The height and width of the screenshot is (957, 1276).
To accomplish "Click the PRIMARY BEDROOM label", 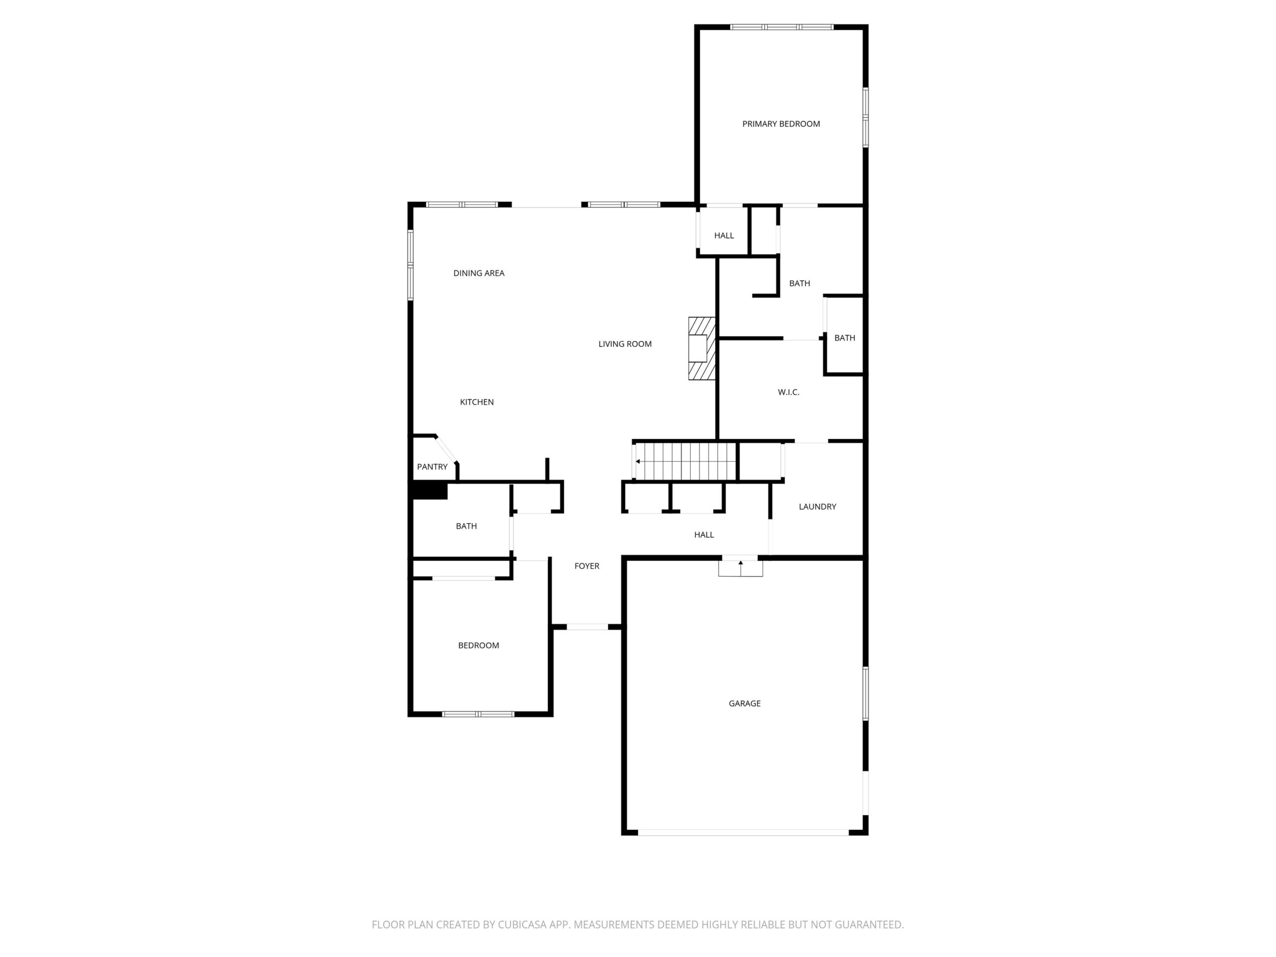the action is coord(781,124).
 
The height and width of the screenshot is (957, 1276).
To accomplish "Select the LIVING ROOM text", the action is coord(625,344).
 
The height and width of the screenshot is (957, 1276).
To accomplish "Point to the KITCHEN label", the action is coord(477,402).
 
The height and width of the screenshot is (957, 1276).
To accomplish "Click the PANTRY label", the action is coord(432,467).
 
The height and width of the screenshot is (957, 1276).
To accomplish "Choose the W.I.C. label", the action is coord(789,392).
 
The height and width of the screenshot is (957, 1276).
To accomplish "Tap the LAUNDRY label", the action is coord(817,506).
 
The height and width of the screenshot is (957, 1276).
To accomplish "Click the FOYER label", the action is coord(587,566).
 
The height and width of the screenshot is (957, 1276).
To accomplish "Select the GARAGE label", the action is coord(745,703).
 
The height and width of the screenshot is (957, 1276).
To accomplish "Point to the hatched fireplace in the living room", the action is coord(702,348).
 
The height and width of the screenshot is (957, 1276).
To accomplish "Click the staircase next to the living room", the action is coord(685,461).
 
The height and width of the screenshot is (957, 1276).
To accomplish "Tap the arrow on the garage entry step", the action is coord(741,566).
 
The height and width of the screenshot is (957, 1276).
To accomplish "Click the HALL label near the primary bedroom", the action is coord(724,235).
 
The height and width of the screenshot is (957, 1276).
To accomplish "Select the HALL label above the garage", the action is coord(704,535).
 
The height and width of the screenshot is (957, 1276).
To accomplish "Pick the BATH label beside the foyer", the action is coord(466,526).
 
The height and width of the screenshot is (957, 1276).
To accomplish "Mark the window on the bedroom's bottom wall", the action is coord(478,714).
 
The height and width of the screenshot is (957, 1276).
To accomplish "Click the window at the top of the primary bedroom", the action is coord(782,27).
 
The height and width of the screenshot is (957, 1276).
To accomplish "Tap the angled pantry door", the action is coord(447,450).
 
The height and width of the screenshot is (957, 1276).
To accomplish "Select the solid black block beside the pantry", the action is coord(430,491).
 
